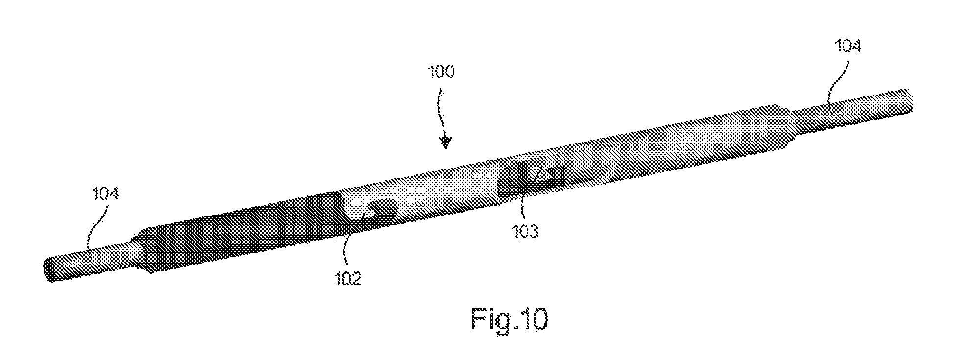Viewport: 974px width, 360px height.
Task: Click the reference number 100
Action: pos(440,72)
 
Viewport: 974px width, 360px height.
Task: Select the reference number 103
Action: pos(525,230)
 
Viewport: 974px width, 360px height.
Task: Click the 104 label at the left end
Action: pos(105,194)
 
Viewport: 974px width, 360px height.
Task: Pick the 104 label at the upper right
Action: pos(847,46)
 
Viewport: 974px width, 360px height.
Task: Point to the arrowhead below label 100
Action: pos(445,142)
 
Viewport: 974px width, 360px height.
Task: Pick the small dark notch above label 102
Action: pos(383,210)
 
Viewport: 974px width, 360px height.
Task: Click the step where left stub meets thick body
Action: pos(139,250)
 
